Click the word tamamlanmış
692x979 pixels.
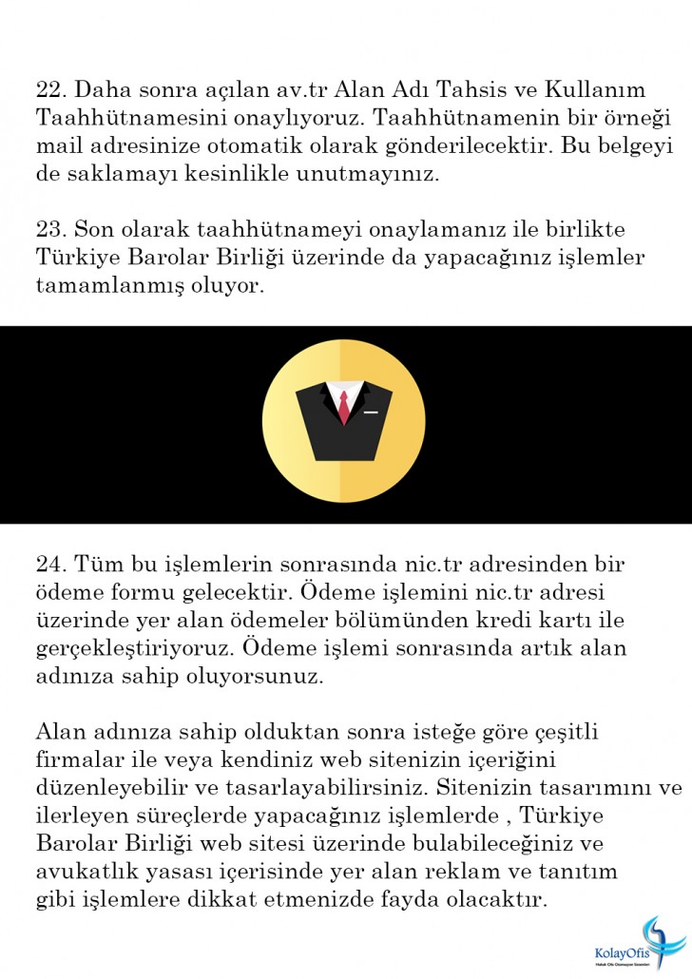(x=108, y=287)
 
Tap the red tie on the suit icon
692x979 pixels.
(x=343, y=406)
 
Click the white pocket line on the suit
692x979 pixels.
(x=371, y=412)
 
